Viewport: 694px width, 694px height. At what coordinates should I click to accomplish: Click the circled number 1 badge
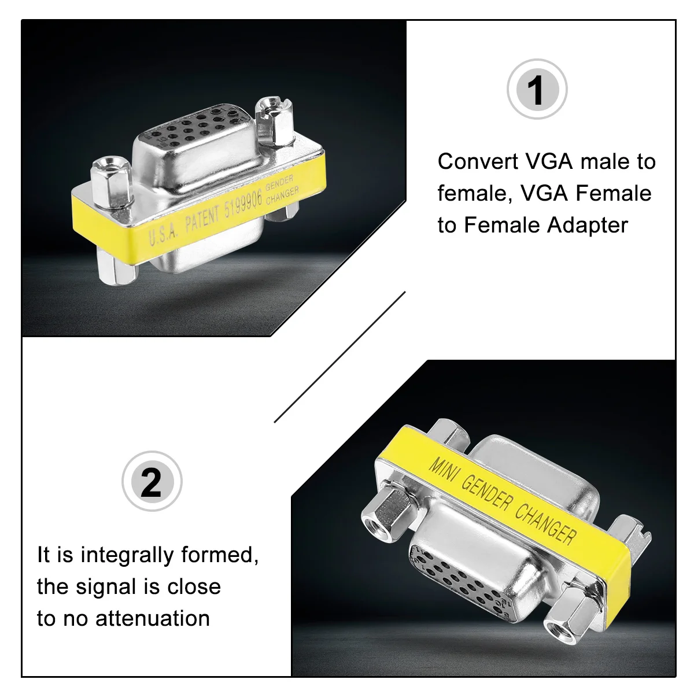[x=537, y=90]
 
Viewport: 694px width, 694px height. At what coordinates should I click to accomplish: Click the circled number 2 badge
[x=152, y=482]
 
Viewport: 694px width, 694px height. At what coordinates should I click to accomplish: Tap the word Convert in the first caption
[x=478, y=161]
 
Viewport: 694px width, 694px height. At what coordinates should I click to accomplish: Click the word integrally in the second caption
[x=127, y=555]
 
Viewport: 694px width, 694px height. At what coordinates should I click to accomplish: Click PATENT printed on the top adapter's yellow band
[x=202, y=220]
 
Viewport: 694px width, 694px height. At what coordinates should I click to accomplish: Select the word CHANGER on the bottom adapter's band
[x=545, y=524]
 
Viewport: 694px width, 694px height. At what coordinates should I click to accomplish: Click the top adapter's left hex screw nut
[x=110, y=180]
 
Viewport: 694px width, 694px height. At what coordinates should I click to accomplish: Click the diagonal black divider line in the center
[x=339, y=357]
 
